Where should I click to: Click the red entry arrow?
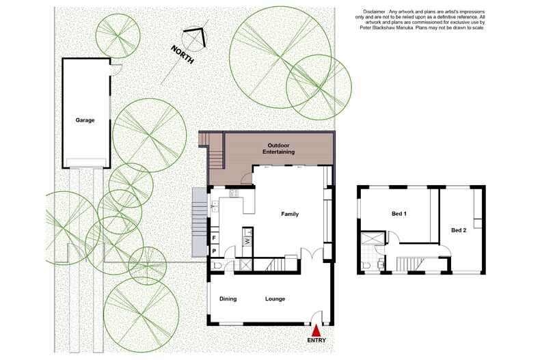click(x=316, y=331)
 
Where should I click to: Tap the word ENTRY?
click(x=316, y=340)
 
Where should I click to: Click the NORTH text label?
click(x=183, y=55)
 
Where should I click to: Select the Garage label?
click(x=85, y=120)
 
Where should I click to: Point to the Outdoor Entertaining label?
click(x=279, y=148)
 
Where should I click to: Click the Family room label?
click(x=290, y=214)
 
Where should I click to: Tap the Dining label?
click(x=228, y=299)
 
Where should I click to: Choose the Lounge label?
click(x=275, y=299)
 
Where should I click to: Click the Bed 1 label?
click(x=399, y=214)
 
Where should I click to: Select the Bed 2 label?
click(x=459, y=230)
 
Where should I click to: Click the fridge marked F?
click(x=214, y=238)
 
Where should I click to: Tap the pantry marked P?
click(x=214, y=251)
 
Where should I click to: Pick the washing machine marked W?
click(x=247, y=241)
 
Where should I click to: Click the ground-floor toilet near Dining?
click(x=216, y=265)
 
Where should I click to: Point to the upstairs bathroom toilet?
click(x=365, y=265)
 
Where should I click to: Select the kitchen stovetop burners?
click(x=234, y=193)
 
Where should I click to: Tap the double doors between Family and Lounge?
click(x=312, y=253)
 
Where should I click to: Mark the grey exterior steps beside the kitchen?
click(x=199, y=222)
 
